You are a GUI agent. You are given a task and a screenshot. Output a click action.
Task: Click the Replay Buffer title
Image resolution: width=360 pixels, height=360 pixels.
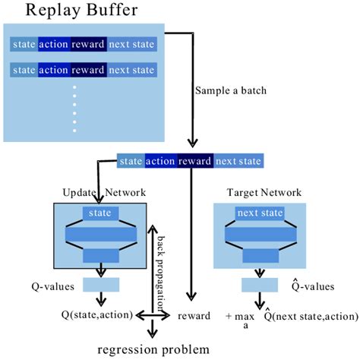(x=82, y=11)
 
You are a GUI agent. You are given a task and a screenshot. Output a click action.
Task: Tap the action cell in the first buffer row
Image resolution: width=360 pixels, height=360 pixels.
(x=54, y=44)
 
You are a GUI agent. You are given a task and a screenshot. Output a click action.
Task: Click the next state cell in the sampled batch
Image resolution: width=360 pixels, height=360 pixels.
(x=238, y=161)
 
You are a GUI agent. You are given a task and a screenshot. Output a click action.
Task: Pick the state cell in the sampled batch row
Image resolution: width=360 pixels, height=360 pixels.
(x=131, y=161)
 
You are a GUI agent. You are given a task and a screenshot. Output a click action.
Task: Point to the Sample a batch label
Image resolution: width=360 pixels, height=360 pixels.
(x=231, y=90)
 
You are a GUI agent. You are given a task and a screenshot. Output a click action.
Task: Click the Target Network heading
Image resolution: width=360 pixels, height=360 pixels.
(x=264, y=192)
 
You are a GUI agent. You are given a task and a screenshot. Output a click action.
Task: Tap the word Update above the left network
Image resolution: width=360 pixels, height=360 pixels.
(x=79, y=193)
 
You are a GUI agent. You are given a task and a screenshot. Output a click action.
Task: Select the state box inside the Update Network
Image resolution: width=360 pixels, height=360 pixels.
(x=100, y=213)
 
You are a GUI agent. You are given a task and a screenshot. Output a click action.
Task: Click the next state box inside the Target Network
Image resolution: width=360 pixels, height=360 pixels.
(x=260, y=213)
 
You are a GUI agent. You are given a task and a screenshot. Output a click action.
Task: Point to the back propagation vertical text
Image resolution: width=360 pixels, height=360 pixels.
(x=161, y=273)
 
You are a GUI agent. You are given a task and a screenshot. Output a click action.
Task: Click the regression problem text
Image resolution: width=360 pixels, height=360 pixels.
(x=153, y=350)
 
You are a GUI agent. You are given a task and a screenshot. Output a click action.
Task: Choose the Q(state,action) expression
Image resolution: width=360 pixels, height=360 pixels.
(x=97, y=315)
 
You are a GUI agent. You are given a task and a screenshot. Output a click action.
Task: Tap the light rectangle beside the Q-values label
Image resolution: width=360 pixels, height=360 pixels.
(x=101, y=285)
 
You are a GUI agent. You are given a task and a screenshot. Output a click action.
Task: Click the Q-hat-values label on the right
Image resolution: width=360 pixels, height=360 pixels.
(x=313, y=286)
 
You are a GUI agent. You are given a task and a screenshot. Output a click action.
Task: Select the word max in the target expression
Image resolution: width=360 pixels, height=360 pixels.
(x=245, y=317)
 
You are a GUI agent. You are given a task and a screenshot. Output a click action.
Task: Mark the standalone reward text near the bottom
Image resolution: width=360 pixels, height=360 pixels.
(x=194, y=316)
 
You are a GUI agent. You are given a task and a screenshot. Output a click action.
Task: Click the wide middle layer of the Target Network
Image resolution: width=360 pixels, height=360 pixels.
(x=261, y=234)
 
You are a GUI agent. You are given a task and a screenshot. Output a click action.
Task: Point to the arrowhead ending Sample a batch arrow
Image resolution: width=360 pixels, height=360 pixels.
(x=192, y=143)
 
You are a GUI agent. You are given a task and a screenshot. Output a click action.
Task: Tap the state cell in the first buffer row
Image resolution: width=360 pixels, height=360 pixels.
(x=24, y=44)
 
